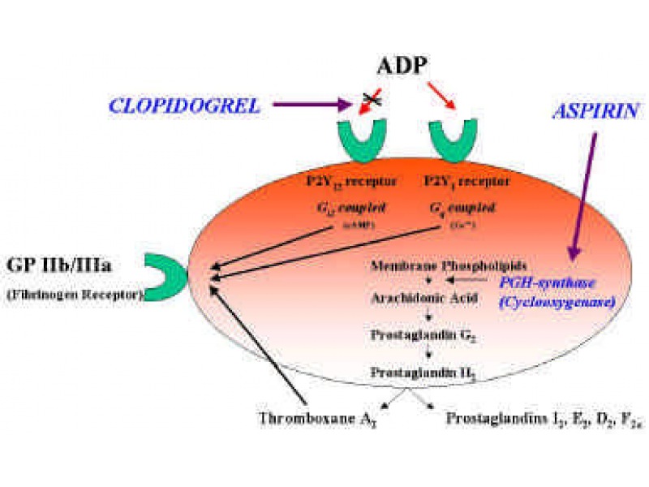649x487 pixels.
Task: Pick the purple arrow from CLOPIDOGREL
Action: (x=313, y=105)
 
